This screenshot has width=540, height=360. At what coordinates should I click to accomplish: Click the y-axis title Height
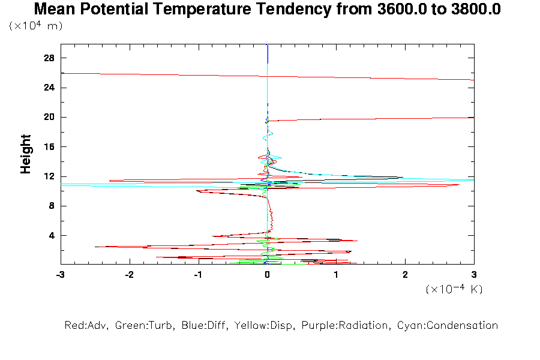26,154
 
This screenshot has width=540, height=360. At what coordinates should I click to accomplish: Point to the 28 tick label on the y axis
49,58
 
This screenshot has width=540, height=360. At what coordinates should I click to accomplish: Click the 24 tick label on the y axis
49,88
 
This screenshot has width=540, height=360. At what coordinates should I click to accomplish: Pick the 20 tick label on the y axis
49,117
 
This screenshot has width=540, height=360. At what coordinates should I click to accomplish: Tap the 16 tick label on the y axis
49,147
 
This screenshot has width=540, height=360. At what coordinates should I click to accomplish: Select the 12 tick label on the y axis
49,176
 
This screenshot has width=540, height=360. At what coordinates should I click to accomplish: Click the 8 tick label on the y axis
52,206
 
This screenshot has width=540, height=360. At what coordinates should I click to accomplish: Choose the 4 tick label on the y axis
52,235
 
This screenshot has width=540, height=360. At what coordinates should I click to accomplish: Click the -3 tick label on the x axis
60,275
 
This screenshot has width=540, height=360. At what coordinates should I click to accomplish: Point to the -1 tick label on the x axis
197,275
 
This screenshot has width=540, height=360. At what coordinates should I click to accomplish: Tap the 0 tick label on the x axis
267,275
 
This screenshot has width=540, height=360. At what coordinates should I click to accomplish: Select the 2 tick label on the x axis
405,275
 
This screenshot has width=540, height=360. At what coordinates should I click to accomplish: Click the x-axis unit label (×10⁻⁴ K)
454,289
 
